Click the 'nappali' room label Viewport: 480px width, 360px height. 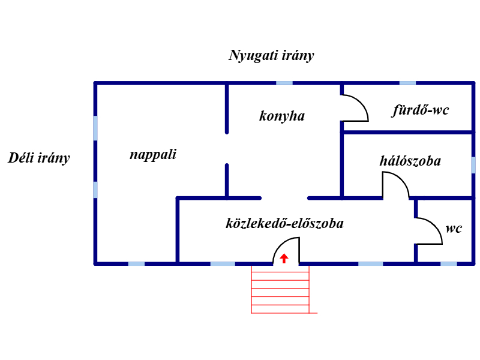(153, 155)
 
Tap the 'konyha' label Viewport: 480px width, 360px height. (282, 116)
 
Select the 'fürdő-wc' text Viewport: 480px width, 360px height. (421, 110)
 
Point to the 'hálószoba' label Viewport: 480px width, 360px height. (410, 161)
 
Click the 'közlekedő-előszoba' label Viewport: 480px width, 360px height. (284, 224)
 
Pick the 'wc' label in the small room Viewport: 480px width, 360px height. (454, 229)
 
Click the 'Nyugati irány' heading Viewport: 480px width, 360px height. (272, 56)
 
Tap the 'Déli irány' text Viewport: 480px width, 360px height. (39, 158)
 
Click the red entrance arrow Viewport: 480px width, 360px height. (284, 259)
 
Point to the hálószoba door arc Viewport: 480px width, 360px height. (396, 185)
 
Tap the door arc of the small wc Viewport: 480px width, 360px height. (429, 230)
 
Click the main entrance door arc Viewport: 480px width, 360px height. (287, 250)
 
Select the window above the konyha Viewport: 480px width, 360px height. (284, 83)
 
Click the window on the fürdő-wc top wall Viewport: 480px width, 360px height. (407, 83)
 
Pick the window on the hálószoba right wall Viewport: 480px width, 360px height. (473, 165)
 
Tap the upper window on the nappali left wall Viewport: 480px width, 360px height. (95, 128)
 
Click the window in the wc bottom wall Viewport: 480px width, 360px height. (448, 263)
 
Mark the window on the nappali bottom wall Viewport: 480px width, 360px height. (136, 263)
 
